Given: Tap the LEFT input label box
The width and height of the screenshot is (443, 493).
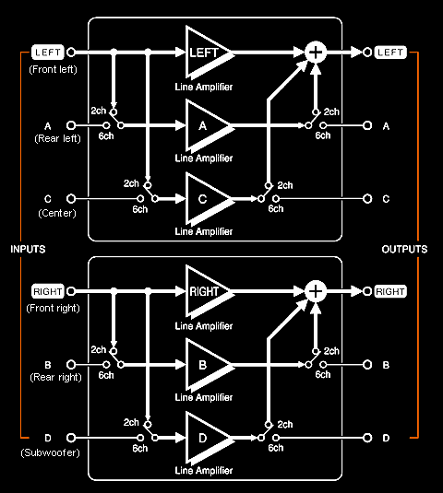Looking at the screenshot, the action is pyautogui.click(x=48, y=53).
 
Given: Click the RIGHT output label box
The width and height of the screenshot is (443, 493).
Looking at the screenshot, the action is pyautogui.click(x=390, y=291).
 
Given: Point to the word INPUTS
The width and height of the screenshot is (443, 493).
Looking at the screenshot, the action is pyautogui.click(x=28, y=250).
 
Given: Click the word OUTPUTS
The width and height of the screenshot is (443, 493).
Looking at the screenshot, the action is pyautogui.click(x=404, y=250).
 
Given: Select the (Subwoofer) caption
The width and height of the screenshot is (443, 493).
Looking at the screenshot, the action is pyautogui.click(x=51, y=452).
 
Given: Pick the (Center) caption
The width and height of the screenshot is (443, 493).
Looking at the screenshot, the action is pyautogui.click(x=57, y=213).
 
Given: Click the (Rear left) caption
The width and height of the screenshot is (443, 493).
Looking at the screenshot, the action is pyautogui.click(x=57, y=138).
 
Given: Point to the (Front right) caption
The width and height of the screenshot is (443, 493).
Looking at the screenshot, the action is pyautogui.click(x=53, y=308).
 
